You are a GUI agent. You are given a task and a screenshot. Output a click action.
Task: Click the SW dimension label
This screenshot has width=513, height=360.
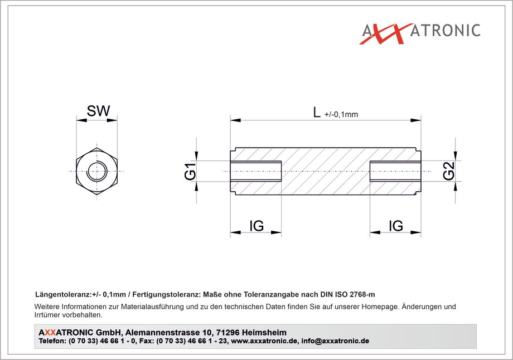click(x=98, y=111)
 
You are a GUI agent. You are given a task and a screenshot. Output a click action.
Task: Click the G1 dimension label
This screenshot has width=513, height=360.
click(x=190, y=171)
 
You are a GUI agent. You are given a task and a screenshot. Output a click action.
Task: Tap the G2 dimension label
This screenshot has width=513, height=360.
click(x=449, y=171)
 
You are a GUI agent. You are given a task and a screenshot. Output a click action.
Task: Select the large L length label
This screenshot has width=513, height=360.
click(x=316, y=112)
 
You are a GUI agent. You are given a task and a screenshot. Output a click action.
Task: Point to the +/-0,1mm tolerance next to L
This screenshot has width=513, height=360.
click(x=341, y=114)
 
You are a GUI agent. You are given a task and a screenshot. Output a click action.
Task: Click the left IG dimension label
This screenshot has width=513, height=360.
click(x=256, y=226)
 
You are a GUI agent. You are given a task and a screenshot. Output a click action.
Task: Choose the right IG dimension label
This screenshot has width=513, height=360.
click(x=396, y=226)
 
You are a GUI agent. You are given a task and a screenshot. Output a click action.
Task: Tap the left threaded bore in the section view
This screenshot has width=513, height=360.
click(x=256, y=171)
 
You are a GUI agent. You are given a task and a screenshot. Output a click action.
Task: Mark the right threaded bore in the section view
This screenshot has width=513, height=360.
click(x=395, y=171)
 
